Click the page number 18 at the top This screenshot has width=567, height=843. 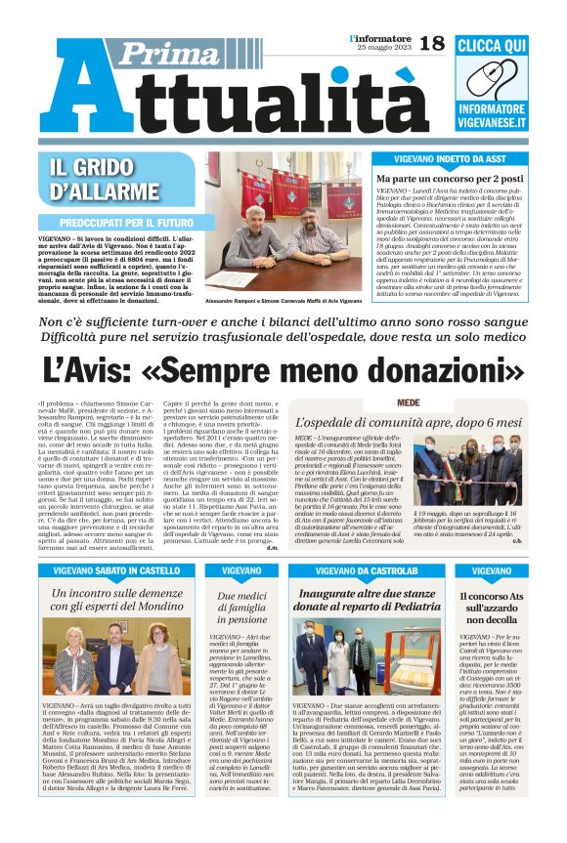(431, 42)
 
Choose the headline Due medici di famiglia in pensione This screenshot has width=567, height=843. (241, 606)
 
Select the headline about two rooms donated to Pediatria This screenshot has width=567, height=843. (367, 601)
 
